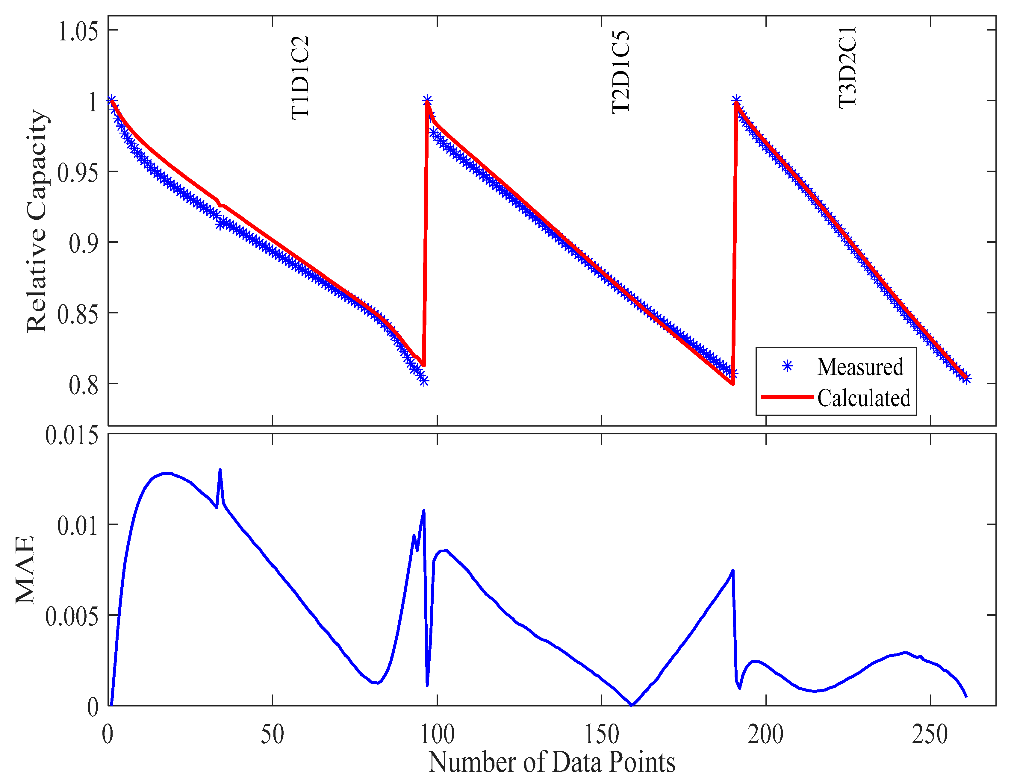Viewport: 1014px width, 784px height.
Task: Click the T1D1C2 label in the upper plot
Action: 300,78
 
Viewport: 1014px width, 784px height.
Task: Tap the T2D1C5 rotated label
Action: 621,73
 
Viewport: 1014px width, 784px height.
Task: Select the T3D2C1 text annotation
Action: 848,68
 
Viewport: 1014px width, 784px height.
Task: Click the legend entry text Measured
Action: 860,367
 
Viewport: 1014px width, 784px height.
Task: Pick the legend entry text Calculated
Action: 864,398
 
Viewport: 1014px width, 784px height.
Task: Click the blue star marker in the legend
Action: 787,367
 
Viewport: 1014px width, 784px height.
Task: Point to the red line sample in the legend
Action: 787,397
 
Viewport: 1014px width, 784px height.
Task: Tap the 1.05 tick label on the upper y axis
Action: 78,31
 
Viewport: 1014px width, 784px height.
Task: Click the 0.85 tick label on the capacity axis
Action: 78,314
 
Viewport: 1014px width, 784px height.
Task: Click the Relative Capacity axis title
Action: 37,221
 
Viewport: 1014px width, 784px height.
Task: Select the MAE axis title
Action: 25,570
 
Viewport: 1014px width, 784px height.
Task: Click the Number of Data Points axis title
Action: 552,762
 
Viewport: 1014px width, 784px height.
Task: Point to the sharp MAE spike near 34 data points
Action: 220,470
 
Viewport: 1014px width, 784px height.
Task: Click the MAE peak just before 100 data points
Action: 423,511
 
